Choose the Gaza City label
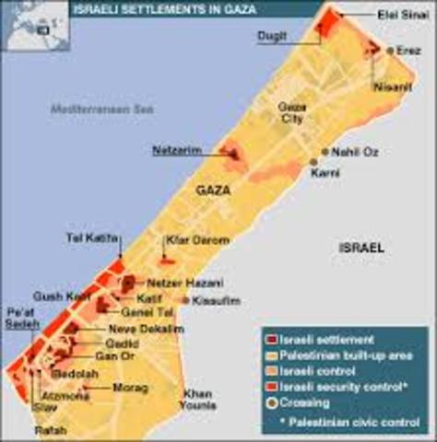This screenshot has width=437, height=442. pos(292,112)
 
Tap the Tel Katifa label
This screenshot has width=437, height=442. pos(92,238)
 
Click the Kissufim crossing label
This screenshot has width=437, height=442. pos(216,301)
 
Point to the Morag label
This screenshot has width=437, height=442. pos(130,388)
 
